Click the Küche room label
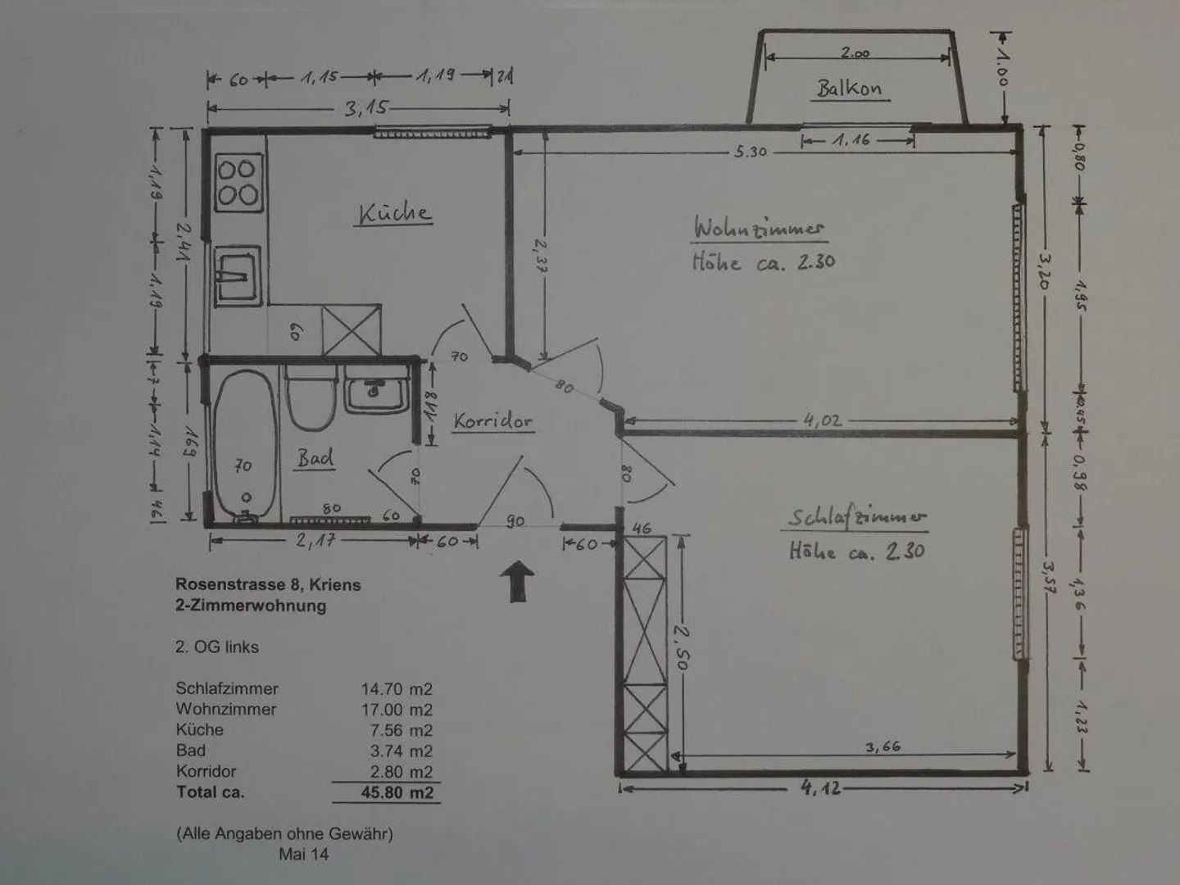395,213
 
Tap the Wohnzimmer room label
759,228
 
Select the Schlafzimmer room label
857,517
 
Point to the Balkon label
849,88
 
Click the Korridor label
492,421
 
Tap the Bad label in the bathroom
315,457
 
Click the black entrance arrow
517,581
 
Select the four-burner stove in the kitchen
238,182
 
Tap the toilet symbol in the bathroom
311,398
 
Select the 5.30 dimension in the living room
750,152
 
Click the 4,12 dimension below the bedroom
820,789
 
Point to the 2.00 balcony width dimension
855,54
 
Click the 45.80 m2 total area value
397,792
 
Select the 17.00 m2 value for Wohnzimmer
397,710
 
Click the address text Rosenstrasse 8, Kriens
268,585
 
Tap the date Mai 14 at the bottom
304,855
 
